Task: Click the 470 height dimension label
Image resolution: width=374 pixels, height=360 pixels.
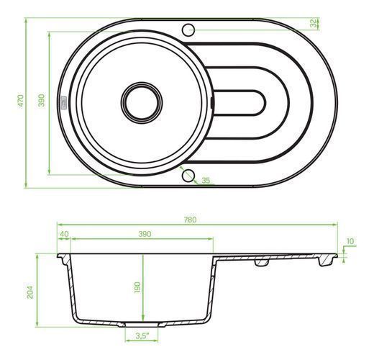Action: click(21, 101)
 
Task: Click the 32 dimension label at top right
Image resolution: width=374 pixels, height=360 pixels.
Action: click(313, 23)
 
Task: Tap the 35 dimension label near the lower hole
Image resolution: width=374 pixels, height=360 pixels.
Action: click(206, 180)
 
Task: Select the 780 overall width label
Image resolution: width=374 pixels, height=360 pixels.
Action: click(191, 220)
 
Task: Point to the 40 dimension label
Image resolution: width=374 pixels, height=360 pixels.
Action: click(64, 234)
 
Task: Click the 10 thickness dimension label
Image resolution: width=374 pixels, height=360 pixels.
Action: click(350, 241)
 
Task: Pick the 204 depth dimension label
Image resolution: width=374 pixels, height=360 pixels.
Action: click(30, 292)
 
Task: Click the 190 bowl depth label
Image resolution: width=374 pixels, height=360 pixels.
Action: click(137, 287)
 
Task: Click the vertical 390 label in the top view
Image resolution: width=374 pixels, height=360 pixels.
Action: click(42, 100)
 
